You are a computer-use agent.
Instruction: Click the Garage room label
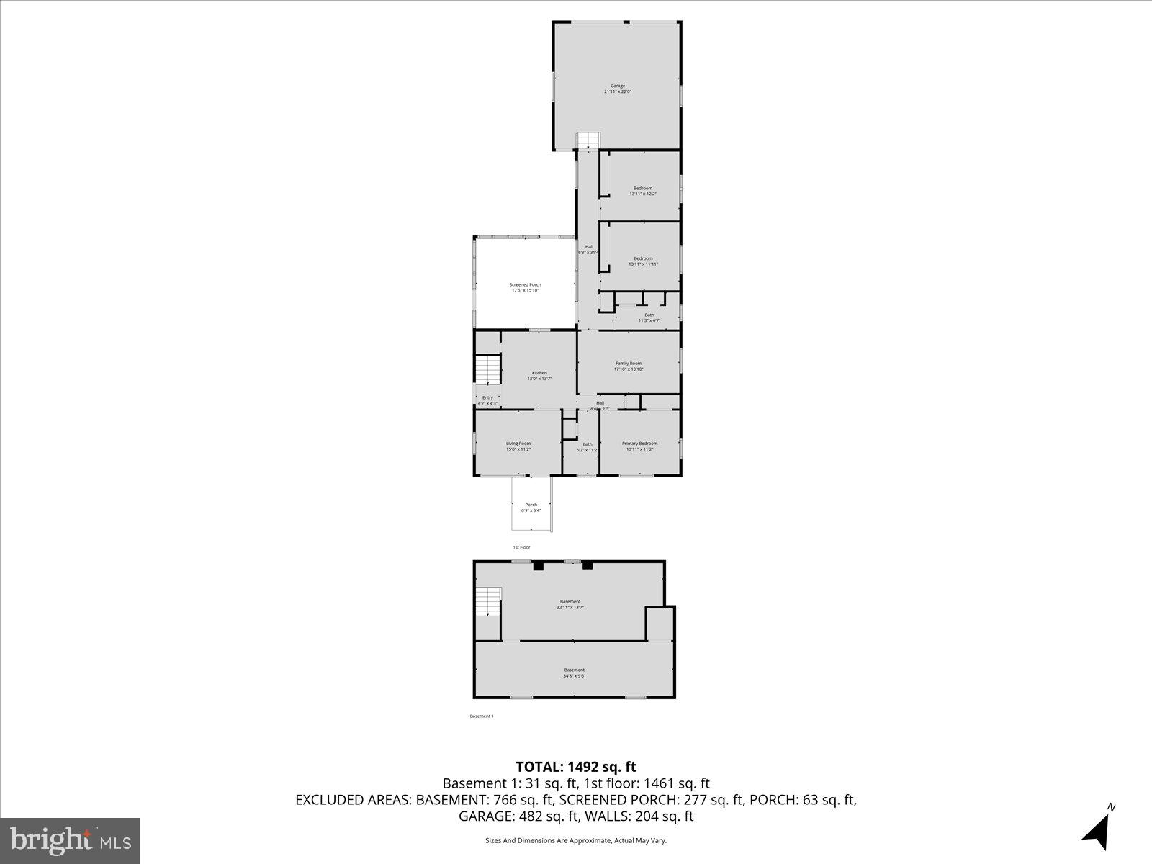coord(618,89)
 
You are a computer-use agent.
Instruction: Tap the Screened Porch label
coord(525,287)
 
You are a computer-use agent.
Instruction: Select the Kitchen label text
coord(539,375)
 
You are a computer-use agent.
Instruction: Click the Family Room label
coord(628,366)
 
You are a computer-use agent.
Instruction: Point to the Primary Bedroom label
coord(639,446)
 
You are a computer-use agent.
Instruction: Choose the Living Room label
coord(518,446)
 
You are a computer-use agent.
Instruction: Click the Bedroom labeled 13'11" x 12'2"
coord(642,191)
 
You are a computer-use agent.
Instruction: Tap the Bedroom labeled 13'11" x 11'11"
coord(643,261)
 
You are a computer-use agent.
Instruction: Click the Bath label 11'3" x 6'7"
coord(649,318)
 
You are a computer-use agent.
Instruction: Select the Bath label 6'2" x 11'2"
coord(588,446)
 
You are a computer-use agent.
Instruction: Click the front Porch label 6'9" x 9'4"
coord(531,507)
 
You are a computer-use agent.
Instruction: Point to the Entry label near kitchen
coord(487,400)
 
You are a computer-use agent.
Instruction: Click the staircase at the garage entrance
coord(588,141)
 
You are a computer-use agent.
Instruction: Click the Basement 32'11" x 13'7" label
coord(570,604)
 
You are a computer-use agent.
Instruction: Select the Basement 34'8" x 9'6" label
coord(574,672)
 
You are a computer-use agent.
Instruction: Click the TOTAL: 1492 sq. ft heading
coord(575,767)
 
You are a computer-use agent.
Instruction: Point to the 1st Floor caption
coord(521,547)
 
